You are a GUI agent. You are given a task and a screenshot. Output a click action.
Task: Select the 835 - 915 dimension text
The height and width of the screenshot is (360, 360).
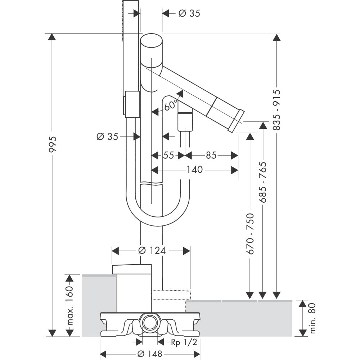tap(276, 110)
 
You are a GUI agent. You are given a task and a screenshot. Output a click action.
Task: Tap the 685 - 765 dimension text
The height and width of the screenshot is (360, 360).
tap(263, 187)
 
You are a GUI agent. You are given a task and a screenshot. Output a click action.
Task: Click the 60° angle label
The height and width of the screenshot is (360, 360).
tap(170, 106)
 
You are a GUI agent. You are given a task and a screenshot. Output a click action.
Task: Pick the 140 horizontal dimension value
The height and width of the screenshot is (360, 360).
tap(194, 170)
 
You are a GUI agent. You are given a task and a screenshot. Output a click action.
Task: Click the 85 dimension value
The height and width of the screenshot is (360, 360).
tap(211, 155)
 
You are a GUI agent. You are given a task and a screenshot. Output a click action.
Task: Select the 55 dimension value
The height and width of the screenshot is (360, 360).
tap(168, 155)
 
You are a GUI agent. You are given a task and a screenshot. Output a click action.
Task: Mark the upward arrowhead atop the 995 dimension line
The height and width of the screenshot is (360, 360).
tap(52, 37)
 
